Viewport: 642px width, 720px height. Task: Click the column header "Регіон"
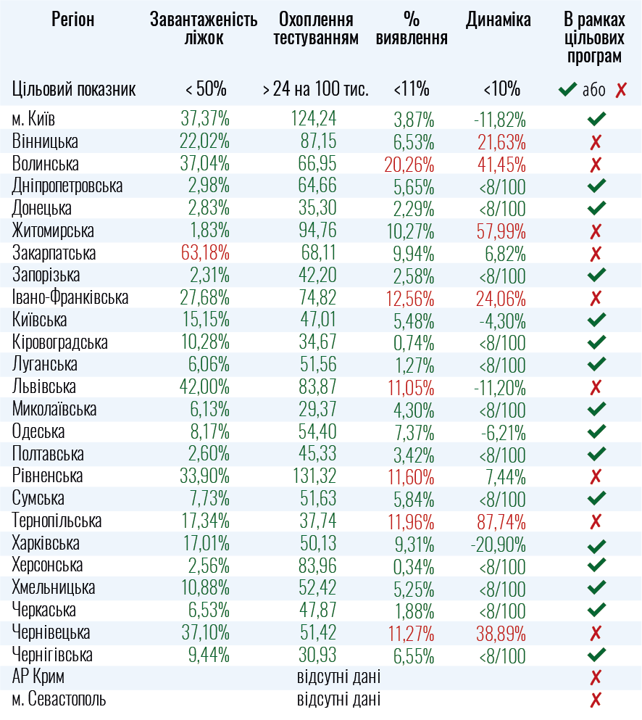tap(73, 20)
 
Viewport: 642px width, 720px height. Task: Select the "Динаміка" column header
tap(499, 20)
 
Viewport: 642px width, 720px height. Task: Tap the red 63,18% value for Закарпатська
tap(205, 254)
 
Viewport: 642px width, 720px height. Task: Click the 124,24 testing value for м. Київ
tap(314, 119)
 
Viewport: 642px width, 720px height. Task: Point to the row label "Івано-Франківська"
tap(70, 298)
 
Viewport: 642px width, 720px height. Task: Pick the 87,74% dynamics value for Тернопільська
tap(501, 521)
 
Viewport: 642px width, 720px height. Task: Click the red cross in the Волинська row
tap(596, 164)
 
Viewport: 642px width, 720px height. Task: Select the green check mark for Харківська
tap(596, 544)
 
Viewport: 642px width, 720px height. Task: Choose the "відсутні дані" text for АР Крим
tap(338, 678)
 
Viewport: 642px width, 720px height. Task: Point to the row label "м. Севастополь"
tap(59, 700)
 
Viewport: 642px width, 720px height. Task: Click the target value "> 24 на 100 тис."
tap(315, 90)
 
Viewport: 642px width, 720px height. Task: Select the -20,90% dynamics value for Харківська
tap(499, 544)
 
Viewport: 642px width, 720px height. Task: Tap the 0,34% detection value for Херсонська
tap(414, 566)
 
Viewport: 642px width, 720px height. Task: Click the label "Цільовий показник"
tap(74, 90)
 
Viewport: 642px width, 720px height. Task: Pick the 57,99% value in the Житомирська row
tap(501, 231)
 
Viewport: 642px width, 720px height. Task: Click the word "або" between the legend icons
tap(593, 91)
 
